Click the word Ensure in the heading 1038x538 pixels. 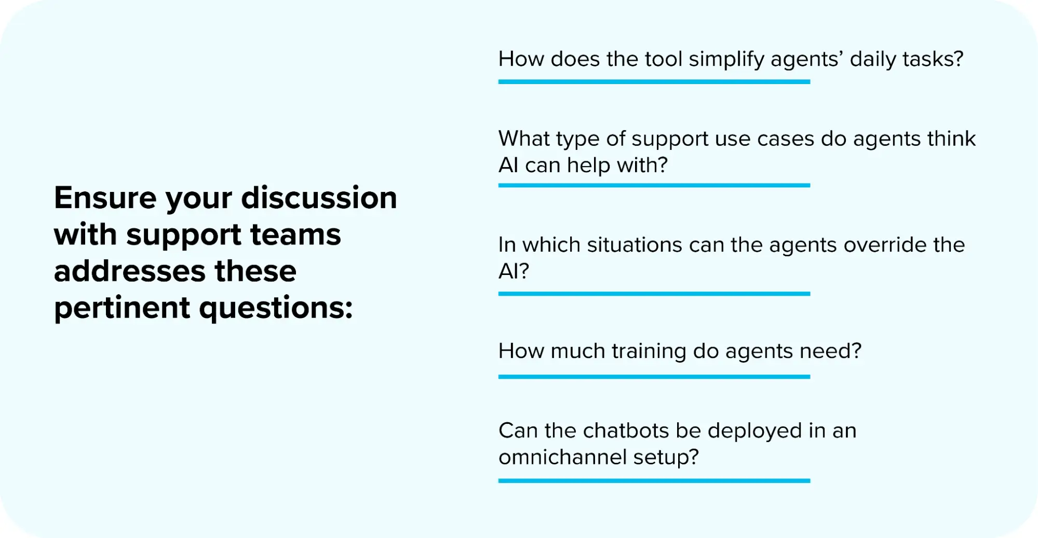tap(105, 198)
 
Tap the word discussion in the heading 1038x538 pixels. tap(319, 198)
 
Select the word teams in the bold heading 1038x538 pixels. tap(295, 234)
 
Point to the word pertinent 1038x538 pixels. tap(122, 308)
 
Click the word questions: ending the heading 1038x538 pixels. tap(276, 308)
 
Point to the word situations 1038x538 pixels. tap(634, 245)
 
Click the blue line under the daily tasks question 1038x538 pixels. tap(654, 82)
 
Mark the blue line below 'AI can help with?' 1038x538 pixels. tap(654, 185)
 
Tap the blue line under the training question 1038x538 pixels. tap(654, 377)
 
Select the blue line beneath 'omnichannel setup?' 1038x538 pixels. tap(654, 481)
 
